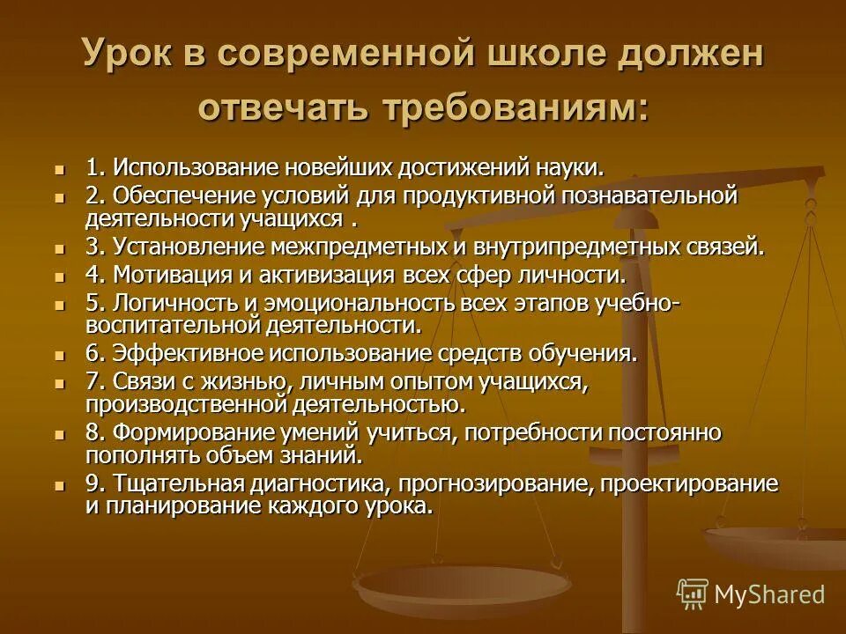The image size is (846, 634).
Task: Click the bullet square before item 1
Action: click(x=60, y=168)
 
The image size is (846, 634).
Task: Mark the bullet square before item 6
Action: click(x=60, y=356)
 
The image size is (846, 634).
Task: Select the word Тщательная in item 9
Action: click(x=167, y=484)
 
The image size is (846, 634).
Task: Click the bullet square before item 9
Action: click(x=60, y=485)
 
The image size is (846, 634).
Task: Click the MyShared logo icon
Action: click(x=692, y=594)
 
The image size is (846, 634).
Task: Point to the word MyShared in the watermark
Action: click(x=770, y=595)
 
